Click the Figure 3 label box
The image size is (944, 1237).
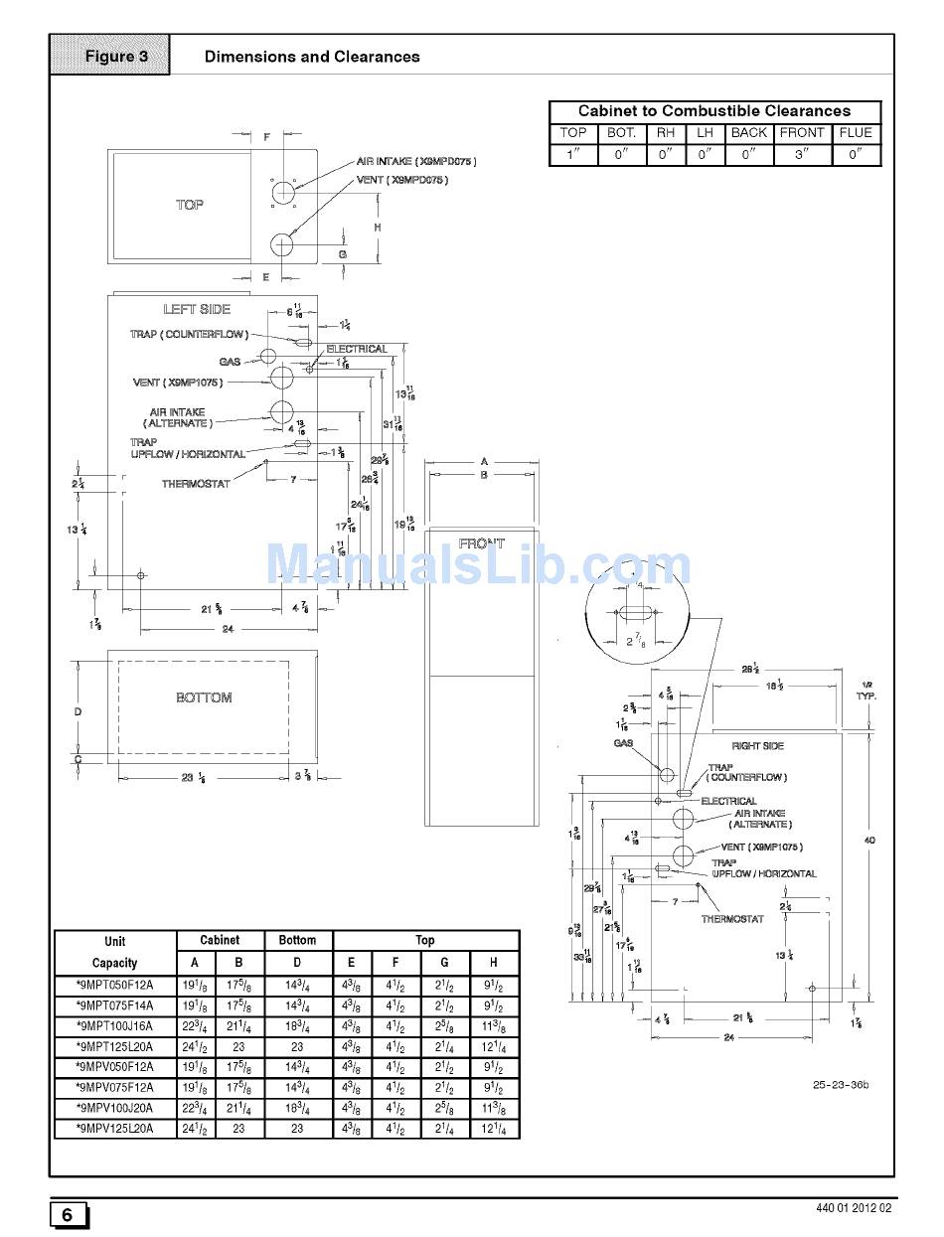point(115,56)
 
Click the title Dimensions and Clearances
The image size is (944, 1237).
point(312,57)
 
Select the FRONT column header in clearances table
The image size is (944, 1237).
point(801,132)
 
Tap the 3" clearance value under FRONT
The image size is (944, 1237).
point(801,154)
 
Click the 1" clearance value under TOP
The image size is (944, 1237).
point(572,154)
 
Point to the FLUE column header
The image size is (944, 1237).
point(855,132)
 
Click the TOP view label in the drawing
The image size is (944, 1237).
point(190,205)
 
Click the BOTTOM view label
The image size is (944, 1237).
point(204,697)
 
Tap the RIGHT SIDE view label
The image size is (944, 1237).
point(757,745)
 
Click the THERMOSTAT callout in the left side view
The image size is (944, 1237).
point(196,484)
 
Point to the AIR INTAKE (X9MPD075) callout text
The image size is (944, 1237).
point(415,161)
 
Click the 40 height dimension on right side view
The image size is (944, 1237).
point(869,841)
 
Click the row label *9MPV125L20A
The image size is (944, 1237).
point(114,1129)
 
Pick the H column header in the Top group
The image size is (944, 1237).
point(494,963)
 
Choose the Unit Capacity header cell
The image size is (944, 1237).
point(114,952)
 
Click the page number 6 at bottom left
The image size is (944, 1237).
point(68,1215)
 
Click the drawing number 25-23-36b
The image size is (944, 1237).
point(840,1084)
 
